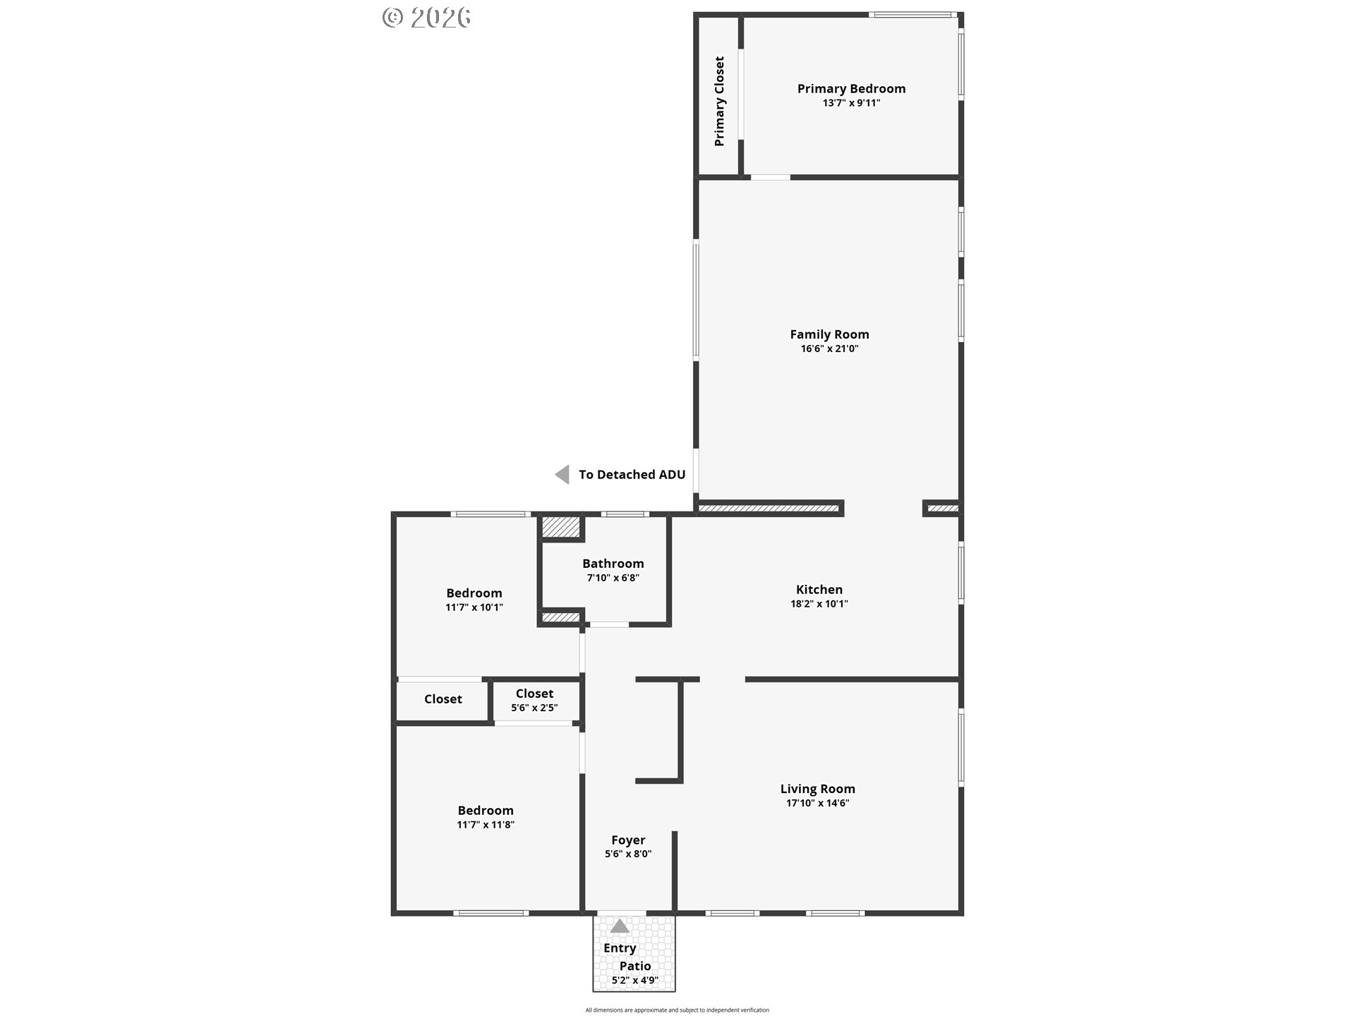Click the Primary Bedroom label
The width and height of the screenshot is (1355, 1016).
pyautogui.click(x=851, y=88)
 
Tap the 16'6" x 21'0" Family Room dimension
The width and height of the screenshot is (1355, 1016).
pyautogui.click(x=829, y=349)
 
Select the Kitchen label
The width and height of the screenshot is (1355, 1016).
pyautogui.click(x=819, y=589)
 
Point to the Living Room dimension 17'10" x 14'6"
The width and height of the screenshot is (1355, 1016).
pyautogui.click(x=818, y=803)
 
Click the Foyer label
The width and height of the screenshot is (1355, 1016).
pyautogui.click(x=628, y=840)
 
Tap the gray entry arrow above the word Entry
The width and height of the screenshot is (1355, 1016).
pyautogui.click(x=620, y=926)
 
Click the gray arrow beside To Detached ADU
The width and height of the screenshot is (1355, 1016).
pyautogui.click(x=562, y=474)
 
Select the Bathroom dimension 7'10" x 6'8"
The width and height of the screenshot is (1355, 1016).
pyautogui.click(x=613, y=578)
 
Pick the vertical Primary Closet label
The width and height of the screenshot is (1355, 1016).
pyautogui.click(x=719, y=102)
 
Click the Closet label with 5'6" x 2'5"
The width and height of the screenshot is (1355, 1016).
pyautogui.click(x=534, y=694)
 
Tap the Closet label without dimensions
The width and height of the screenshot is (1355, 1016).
pyautogui.click(x=443, y=699)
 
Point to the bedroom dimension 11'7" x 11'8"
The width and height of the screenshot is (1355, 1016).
pyautogui.click(x=486, y=825)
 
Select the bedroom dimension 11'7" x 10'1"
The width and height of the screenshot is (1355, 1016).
pyautogui.click(x=474, y=607)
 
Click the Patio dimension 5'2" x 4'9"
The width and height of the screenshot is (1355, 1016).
pyautogui.click(x=635, y=980)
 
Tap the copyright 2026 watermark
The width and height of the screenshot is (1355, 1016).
pyautogui.click(x=427, y=18)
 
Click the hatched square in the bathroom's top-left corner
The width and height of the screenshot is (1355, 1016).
pyautogui.click(x=560, y=528)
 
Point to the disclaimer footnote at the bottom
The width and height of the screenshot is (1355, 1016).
pyautogui.click(x=677, y=1010)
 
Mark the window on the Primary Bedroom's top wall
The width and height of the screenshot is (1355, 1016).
pyautogui.click(x=913, y=14)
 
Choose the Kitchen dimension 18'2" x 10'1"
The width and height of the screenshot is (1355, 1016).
pyautogui.click(x=819, y=604)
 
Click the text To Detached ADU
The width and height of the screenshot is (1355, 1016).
pyautogui.click(x=632, y=475)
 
